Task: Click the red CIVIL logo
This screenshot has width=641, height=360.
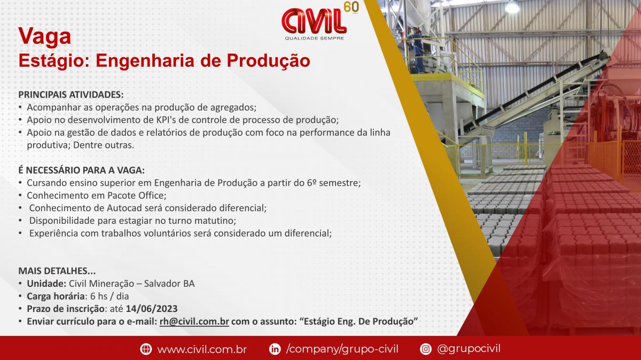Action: point(314,21)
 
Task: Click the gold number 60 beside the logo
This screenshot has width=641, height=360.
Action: point(351,7)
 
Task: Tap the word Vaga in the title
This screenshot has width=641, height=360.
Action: point(45,37)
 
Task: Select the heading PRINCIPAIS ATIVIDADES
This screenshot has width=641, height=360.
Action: point(71,95)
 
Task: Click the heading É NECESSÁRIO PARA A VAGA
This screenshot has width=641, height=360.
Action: point(82,170)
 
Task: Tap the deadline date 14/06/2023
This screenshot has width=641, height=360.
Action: point(152,309)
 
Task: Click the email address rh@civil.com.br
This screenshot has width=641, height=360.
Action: point(194,322)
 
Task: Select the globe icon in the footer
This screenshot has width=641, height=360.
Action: point(146,349)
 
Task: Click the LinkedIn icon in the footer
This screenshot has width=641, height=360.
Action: point(275,349)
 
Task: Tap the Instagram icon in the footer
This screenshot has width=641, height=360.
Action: point(426,349)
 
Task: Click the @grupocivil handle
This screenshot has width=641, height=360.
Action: point(469,349)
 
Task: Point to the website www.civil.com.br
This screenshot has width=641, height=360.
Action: point(202,349)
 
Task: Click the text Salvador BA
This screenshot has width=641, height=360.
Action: point(169,284)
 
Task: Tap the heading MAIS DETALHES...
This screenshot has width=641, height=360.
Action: point(57,271)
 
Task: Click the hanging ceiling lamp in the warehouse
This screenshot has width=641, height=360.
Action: point(512,6)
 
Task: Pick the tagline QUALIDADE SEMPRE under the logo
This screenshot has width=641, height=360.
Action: point(314,38)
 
